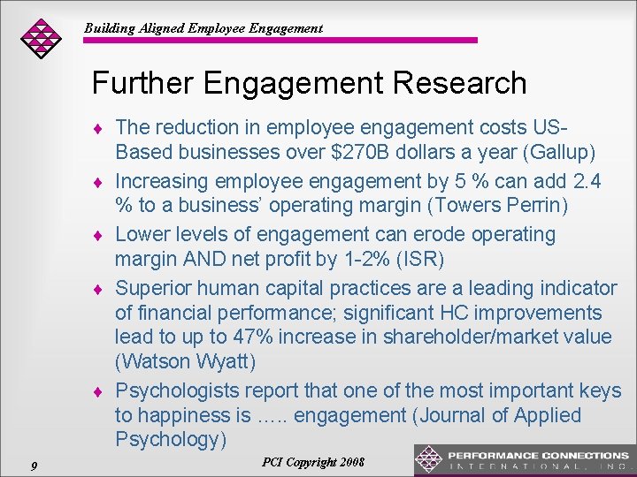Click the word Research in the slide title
point(454,84)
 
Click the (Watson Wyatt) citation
point(185,361)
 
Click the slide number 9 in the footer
point(33,465)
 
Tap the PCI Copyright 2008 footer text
point(313,462)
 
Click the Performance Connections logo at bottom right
point(524,459)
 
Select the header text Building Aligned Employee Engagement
point(203,28)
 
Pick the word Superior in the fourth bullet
point(153,288)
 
